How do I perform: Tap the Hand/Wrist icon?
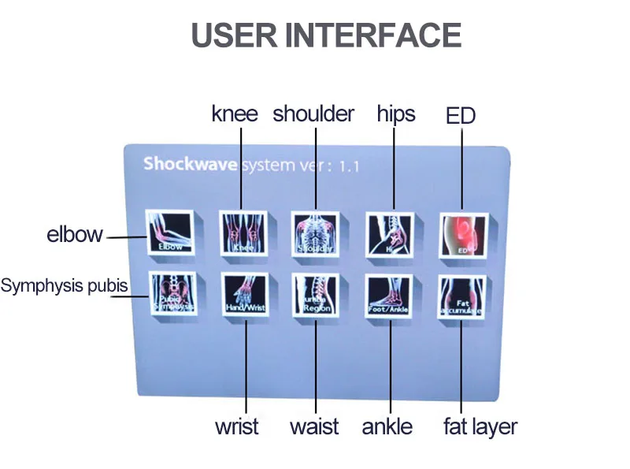click(245, 296)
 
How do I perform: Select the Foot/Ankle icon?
click(390, 296)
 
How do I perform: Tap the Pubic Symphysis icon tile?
click(172, 296)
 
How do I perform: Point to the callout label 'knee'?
click(235, 114)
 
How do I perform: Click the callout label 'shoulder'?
click(313, 114)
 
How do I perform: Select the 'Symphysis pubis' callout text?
click(64, 285)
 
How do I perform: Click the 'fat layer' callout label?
click(480, 427)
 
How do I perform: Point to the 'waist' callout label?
click(314, 427)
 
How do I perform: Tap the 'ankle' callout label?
click(387, 427)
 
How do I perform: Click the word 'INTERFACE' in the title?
click(372, 35)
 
